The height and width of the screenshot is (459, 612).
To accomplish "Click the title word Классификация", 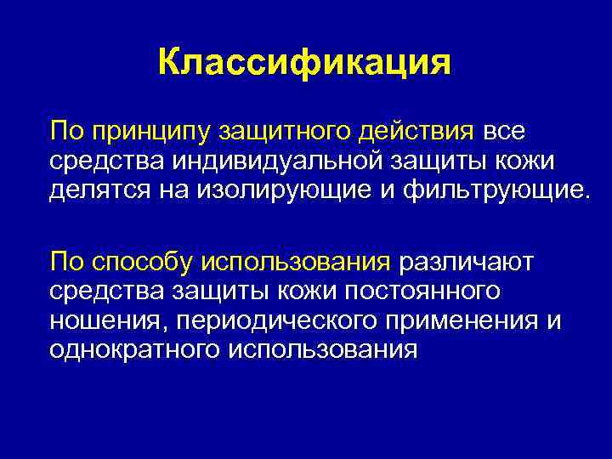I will [x=304, y=63].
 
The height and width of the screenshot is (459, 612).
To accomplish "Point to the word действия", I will [x=420, y=133].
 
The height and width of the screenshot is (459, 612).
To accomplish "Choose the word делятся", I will [x=99, y=187].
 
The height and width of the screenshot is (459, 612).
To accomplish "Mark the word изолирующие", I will [x=273, y=187].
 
